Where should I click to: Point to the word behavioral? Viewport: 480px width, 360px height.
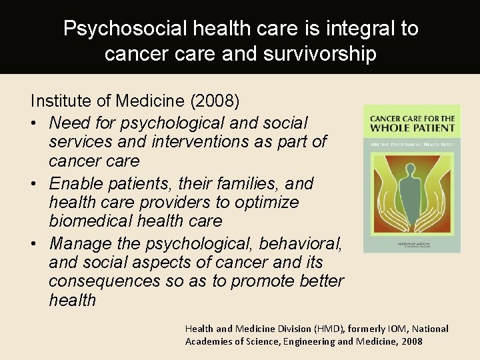point(299,243)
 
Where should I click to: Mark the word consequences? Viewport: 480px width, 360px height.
point(105,281)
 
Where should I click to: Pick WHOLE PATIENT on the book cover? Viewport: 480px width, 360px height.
point(412,128)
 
